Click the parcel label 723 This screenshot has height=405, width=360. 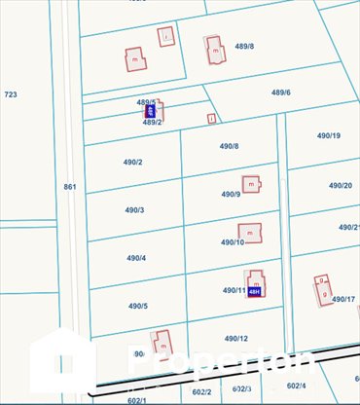pos(11,94)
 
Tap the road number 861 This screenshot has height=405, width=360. pos(69,186)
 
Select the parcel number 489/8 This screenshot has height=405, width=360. pos(244,46)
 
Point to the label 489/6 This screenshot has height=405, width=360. pos(280,92)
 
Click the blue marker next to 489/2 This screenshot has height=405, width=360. pos(150,112)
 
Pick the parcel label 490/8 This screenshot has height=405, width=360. pos(229,146)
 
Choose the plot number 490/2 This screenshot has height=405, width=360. pos(134,162)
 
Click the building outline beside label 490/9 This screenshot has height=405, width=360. pos(251,183)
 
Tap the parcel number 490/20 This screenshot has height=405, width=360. pos(340,185)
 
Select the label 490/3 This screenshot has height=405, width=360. pos(134,210)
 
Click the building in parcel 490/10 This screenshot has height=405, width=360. pos(251,233)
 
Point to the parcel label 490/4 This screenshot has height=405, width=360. pos(135,258)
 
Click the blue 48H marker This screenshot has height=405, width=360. pos(255,291)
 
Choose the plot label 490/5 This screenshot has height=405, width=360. pos(136,306)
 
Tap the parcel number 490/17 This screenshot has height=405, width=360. pos(342,299)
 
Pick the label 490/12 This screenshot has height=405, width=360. pos(235,338)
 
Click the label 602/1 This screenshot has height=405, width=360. pos(136,399)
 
